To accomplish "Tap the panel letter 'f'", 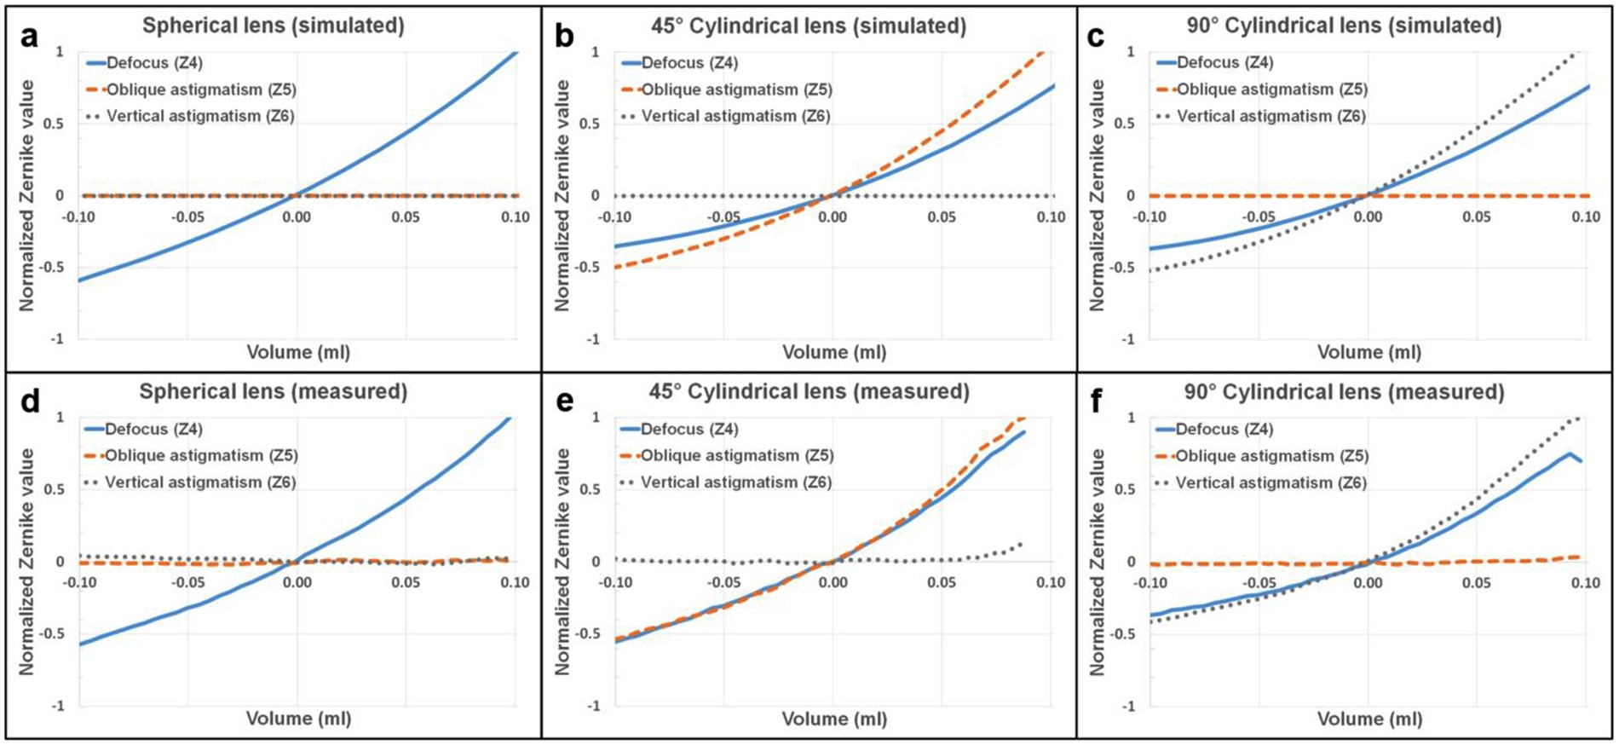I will coord(1098,401).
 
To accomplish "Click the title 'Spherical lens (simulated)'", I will coord(273,26).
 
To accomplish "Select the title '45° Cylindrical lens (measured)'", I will coord(809,392).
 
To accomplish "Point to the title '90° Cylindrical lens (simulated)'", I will coord(1344,26).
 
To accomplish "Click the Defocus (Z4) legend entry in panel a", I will coord(154,63).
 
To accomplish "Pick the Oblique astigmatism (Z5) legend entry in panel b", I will coord(735,90).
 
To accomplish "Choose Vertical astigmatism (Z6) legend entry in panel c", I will coord(1270,116).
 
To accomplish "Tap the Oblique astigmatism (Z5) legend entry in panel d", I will coord(200,456).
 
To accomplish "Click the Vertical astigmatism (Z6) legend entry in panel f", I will coord(1270,482).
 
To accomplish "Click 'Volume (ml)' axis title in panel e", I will coord(834,719).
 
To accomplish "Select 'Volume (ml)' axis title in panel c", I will coord(1369,352).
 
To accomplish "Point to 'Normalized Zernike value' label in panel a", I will coord(27,195).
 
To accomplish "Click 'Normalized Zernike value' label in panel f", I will coord(1098,562).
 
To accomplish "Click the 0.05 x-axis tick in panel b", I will coord(942,217).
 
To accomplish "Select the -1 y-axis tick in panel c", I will coord(1130,339).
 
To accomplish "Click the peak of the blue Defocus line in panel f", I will coord(1569,453).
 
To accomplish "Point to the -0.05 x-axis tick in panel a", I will coord(187,217).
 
